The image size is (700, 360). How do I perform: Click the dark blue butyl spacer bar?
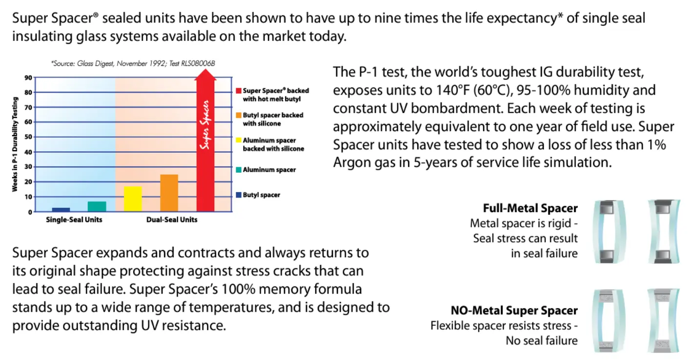pos(61,209)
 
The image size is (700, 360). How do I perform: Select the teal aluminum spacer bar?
pos(97,206)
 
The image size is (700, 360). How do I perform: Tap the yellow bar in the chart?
pos(133,199)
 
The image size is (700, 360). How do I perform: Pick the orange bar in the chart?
pos(169,193)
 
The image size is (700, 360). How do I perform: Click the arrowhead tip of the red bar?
pos(206,69)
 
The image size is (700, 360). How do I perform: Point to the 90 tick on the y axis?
pos(28,78)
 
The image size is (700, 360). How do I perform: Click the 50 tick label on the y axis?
pos(28,137)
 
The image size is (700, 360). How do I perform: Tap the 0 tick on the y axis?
pos(30,212)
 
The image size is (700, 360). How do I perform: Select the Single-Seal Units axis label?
pos(74,220)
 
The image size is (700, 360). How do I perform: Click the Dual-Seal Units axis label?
pos(172,220)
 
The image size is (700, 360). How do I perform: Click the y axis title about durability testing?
pos(15,144)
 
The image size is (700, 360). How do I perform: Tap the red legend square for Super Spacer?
pos(238,91)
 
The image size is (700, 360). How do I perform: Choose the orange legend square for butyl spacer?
pos(238,115)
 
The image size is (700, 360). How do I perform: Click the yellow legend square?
pos(238,140)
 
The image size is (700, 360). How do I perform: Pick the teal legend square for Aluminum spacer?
pos(238,170)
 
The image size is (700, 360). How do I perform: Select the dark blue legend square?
pos(238,195)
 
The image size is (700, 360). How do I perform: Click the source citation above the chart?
pos(133,64)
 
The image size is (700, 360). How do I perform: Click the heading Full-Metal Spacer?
pos(530,208)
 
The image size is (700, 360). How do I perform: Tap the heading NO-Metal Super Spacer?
pos(514,310)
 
